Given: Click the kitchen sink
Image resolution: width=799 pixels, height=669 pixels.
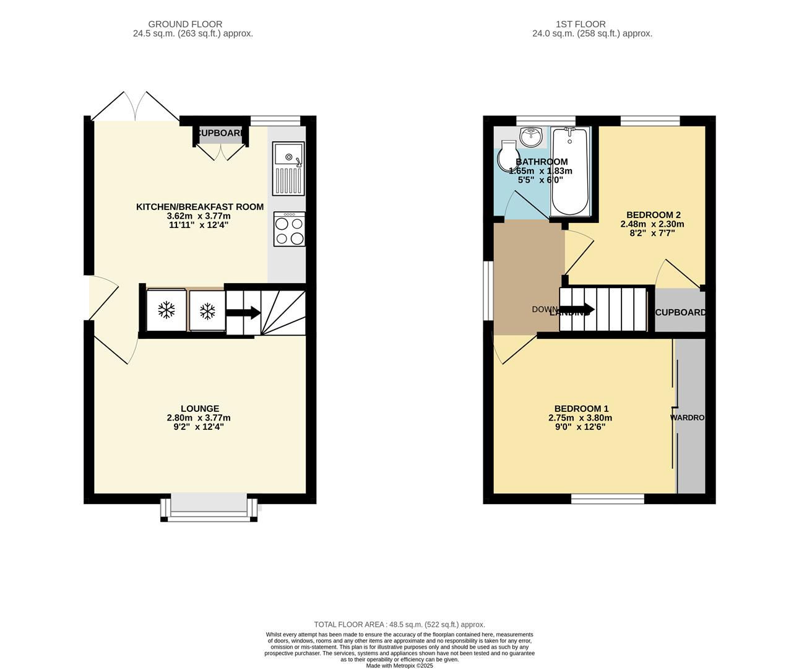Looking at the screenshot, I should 289,168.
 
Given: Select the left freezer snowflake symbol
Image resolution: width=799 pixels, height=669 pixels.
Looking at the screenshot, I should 166,310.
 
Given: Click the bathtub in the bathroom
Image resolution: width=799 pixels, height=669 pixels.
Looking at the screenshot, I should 569,172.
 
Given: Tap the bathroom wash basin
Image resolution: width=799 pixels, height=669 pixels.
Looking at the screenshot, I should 531,136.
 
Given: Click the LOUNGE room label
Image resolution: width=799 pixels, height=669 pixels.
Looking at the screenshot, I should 200,409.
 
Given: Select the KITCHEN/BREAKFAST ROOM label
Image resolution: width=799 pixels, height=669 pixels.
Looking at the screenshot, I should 200,207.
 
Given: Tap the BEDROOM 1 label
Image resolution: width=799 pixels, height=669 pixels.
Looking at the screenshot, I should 581,409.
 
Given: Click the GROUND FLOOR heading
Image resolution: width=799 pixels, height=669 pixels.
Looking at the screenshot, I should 193,24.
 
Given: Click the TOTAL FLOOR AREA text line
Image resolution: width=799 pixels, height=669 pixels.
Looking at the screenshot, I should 399,624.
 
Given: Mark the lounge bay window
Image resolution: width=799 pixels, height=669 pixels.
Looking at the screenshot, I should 209,507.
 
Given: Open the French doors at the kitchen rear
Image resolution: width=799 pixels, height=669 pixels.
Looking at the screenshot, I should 136,107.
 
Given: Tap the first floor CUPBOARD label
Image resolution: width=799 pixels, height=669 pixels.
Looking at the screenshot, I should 680,312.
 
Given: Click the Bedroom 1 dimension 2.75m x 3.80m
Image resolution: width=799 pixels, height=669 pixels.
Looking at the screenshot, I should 580,418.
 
